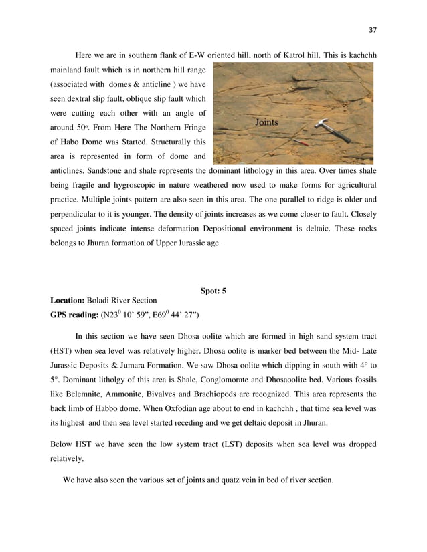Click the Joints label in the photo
tap(266, 123)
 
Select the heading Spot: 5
tap(213, 290)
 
